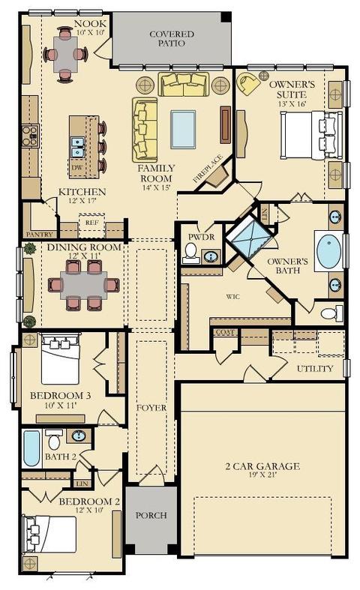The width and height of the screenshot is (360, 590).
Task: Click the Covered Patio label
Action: [172, 39]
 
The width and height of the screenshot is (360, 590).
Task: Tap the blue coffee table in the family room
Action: [183, 130]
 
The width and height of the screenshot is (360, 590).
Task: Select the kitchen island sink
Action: [78, 147]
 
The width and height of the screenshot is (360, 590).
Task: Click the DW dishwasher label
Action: [76, 167]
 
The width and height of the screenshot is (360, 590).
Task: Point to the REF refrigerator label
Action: [92, 223]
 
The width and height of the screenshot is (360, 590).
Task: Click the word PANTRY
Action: [40, 235]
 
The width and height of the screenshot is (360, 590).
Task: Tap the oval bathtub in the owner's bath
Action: [328, 251]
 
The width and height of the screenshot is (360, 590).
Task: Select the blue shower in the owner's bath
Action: [249, 238]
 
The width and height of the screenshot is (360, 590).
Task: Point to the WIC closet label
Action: [233, 297]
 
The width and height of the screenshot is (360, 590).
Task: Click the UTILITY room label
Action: [315, 368]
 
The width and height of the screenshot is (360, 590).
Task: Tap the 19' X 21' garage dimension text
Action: [262, 475]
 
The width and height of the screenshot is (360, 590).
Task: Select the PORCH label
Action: [151, 515]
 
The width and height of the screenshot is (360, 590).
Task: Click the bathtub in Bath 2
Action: [31, 448]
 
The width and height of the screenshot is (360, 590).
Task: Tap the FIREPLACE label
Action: [208, 169]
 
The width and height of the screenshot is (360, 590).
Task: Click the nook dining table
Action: [65, 54]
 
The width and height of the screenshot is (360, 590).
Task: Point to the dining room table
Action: [83, 285]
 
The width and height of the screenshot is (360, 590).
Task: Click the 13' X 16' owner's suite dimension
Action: [292, 104]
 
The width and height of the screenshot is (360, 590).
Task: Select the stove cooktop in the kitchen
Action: [30, 136]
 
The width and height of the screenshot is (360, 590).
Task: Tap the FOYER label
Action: [151, 408]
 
